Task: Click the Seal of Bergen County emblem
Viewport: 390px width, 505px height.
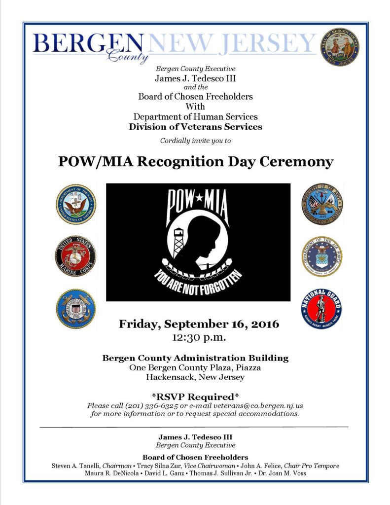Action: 339,47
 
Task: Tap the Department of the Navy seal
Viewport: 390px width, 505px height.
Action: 76,204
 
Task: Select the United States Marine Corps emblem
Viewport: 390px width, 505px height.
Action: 75,256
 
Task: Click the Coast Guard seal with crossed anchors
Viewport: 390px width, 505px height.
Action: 75,309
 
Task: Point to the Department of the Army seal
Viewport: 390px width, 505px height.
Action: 322,204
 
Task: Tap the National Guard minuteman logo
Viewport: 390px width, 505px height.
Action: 321,309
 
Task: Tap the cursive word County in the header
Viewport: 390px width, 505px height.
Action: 128,58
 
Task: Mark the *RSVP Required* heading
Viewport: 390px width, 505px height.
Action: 195,397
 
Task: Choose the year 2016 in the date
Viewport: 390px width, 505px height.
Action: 263,325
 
